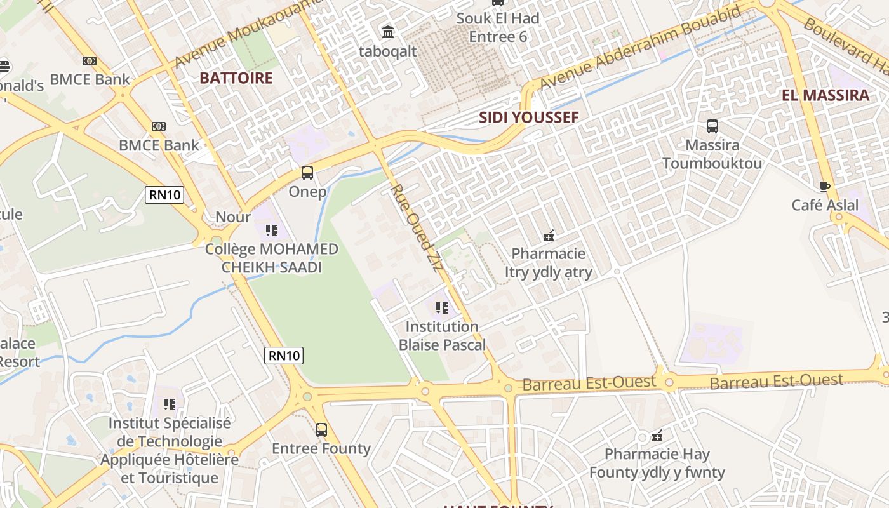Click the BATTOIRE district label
tap(236, 78)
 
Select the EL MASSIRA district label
tap(825, 96)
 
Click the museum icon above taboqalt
tap(387, 31)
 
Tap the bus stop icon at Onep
tap(307, 173)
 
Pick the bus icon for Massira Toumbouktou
tap(712, 126)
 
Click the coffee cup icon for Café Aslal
tap(824, 187)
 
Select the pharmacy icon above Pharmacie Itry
tap(549, 236)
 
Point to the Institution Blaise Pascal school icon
tap(442, 309)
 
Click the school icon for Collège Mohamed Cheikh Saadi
tap(272, 230)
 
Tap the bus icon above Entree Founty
tap(321, 430)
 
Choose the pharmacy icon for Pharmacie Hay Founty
tap(657, 436)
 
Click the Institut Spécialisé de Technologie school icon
tap(170, 404)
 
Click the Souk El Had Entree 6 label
tap(498, 27)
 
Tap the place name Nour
tap(233, 217)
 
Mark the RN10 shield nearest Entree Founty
tap(284, 356)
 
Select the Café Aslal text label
tap(824, 205)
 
